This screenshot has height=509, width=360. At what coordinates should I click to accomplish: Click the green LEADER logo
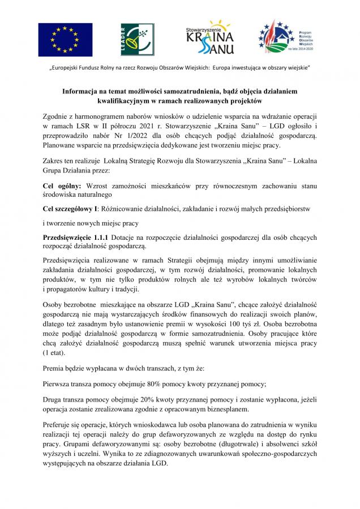coord(132,40)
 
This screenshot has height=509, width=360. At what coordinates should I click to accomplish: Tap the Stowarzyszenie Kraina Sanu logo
coord(209,38)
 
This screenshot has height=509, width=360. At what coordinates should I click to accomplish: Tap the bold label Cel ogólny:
coord(62,186)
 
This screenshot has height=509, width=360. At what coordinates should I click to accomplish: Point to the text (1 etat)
coord(54,352)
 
